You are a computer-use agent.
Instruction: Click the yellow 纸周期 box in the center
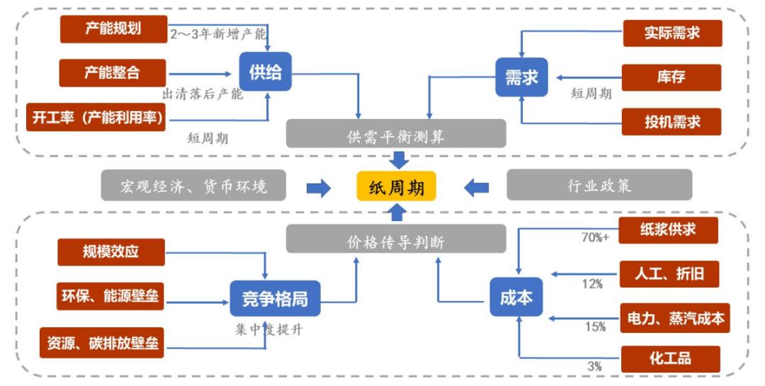click(x=396, y=187)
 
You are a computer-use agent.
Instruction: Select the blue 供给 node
click(x=265, y=72)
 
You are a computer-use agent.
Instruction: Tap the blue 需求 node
click(x=521, y=76)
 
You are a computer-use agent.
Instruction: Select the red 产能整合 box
click(x=112, y=72)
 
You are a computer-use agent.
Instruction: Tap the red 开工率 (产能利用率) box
click(x=95, y=118)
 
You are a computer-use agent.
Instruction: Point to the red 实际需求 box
click(x=671, y=33)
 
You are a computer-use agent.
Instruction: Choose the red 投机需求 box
click(x=671, y=121)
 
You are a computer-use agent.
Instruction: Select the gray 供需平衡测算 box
click(x=396, y=134)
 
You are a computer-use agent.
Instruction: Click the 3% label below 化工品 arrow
click(x=594, y=366)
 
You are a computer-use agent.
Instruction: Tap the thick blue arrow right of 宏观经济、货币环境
click(x=319, y=188)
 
